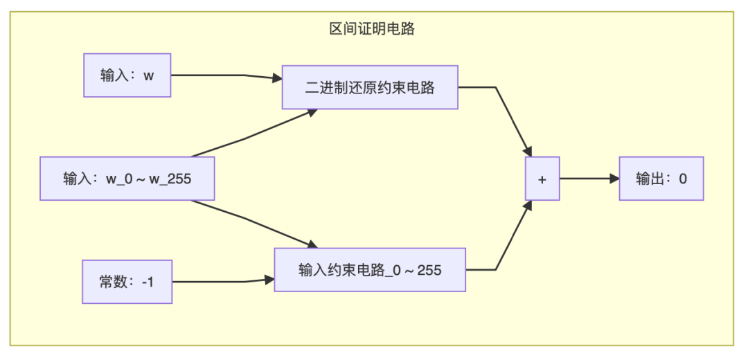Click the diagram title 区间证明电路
coord(372,29)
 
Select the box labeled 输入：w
coord(127,75)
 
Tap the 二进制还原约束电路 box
coord(370,87)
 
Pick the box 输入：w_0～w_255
coord(127,179)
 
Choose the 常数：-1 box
coord(127,282)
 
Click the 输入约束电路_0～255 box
coord(370,269)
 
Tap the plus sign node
coord(542,179)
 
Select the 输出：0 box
coord(661,179)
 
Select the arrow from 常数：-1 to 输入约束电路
coord(222,282)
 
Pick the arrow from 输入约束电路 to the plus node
coord(509,242)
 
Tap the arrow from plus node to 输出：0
coord(589,179)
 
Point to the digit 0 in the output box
coord(683,179)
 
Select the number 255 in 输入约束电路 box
coord(429,270)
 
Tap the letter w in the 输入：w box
coord(149,75)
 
